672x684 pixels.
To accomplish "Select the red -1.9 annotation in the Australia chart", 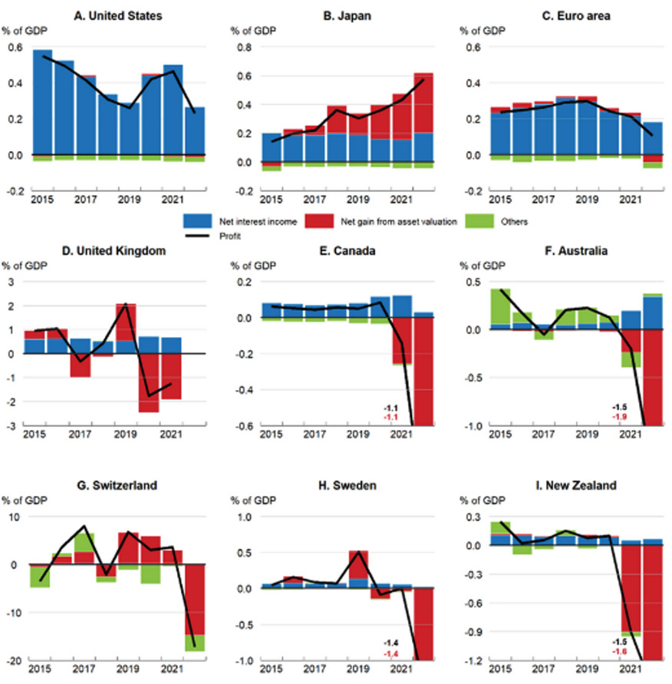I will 621,416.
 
